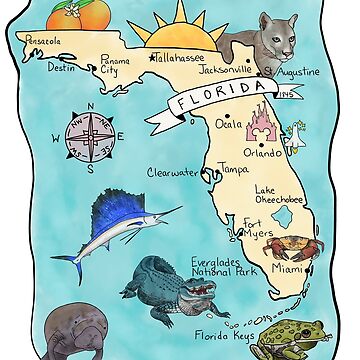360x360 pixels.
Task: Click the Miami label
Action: [x=286, y=269]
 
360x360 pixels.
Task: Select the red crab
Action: [x=292, y=243]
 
